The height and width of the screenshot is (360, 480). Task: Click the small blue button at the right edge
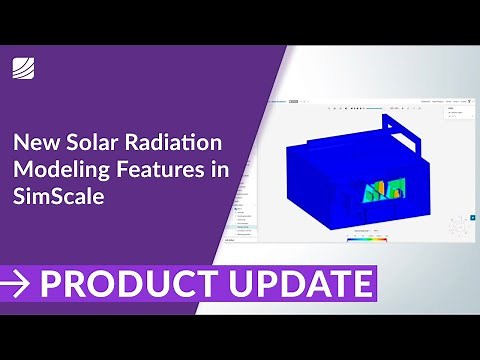[473, 216]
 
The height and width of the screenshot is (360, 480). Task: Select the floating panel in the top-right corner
[458, 112]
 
